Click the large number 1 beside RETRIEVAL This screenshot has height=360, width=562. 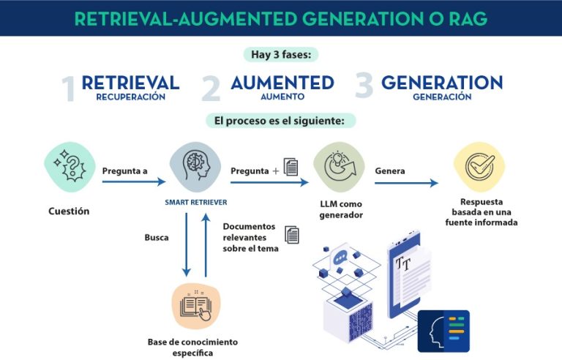pyautogui.click(x=69, y=89)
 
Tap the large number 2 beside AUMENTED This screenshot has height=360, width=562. pyautogui.click(x=211, y=89)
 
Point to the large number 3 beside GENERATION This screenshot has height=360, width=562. pyautogui.click(x=364, y=85)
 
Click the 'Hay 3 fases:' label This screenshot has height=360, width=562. pyautogui.click(x=281, y=54)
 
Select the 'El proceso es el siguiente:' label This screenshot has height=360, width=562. pyautogui.click(x=280, y=121)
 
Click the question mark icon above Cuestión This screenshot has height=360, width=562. pyautogui.click(x=70, y=167)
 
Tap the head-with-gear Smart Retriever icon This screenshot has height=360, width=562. pyautogui.click(x=195, y=166)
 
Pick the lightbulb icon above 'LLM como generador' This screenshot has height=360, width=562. pyautogui.click(x=339, y=167)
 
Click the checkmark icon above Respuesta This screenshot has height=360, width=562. pyautogui.click(x=479, y=167)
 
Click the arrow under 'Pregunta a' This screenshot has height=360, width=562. pyautogui.click(x=134, y=181)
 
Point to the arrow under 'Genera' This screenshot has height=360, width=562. pyautogui.click(x=406, y=183)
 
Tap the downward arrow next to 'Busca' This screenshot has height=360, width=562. pyautogui.click(x=187, y=245)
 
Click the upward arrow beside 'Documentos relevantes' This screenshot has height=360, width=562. pyautogui.click(x=206, y=245)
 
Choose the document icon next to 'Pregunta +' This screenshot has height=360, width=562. pyautogui.click(x=291, y=167)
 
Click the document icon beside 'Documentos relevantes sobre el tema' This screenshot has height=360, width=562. pyautogui.click(x=292, y=235)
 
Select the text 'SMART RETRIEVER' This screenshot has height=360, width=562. pyautogui.click(x=196, y=202)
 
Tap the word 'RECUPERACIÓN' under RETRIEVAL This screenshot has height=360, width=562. pyautogui.click(x=131, y=97)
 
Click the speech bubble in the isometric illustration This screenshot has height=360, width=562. pyautogui.click(x=340, y=257)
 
